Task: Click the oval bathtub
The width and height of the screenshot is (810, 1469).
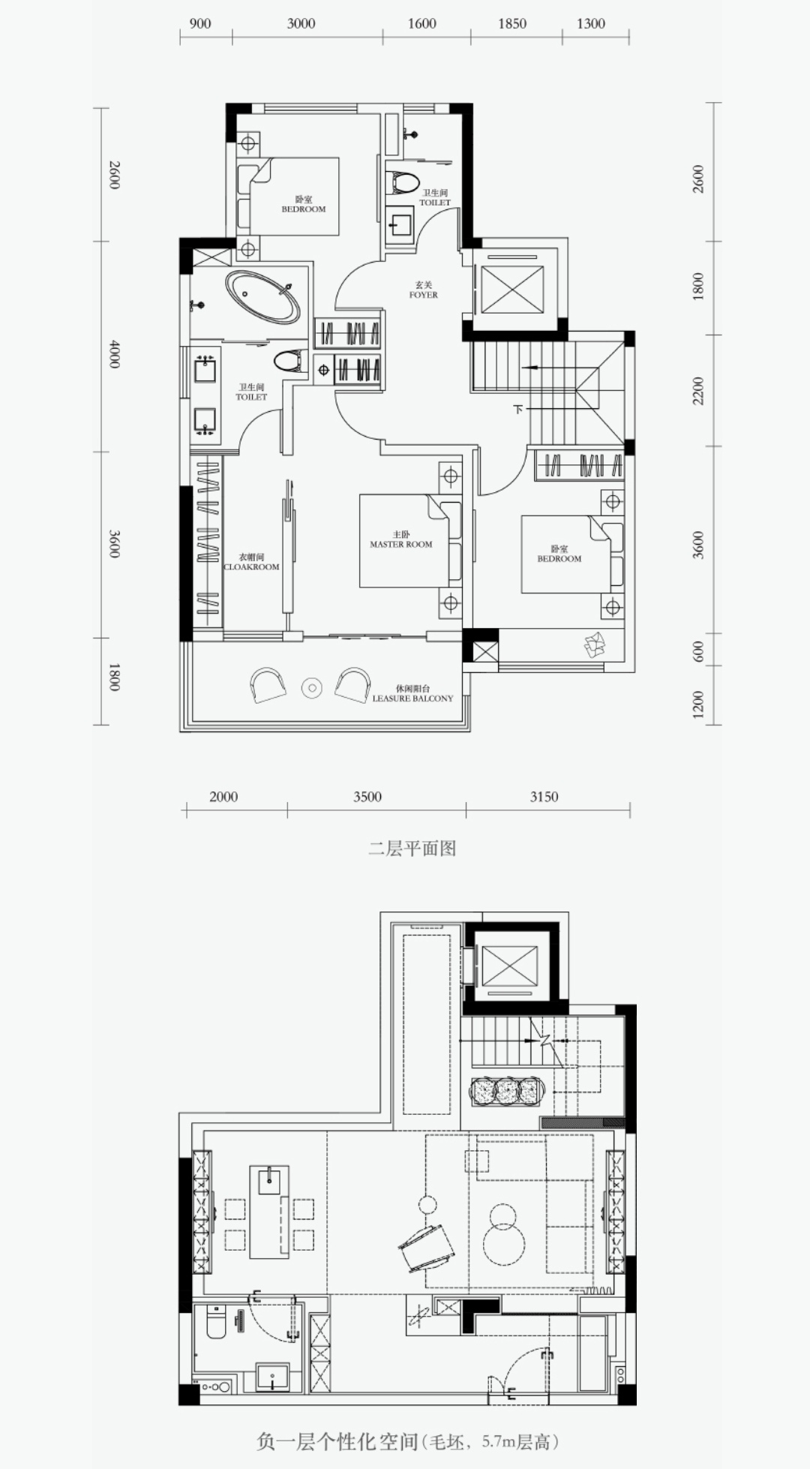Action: [x=263, y=297]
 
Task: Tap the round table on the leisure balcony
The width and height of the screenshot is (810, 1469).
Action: [x=311, y=686]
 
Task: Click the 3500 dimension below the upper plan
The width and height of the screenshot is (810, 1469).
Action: [x=367, y=797]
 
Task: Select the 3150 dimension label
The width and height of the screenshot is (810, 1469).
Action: [x=544, y=797]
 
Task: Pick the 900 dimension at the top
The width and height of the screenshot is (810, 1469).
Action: [x=200, y=23]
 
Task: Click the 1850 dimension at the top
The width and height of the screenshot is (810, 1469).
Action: [x=512, y=23]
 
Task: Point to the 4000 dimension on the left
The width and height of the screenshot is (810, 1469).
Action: [x=114, y=353]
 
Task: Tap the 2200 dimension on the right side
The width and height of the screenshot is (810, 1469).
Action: [x=698, y=391]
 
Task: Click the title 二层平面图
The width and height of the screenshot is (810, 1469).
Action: [x=412, y=849]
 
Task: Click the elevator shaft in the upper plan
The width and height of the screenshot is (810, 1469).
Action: [x=511, y=289]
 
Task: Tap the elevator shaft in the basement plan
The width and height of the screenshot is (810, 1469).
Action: [x=510, y=966]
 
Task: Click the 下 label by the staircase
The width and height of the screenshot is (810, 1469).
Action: [x=517, y=410]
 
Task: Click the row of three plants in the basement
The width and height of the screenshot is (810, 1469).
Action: [x=508, y=1091]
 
